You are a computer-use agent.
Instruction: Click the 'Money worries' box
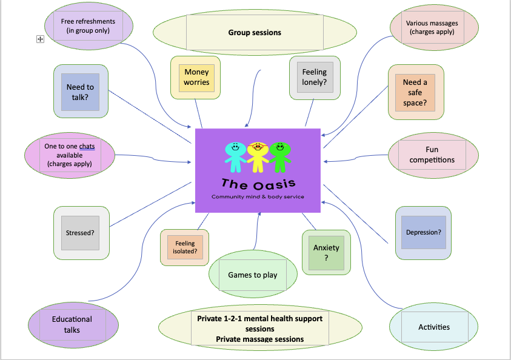(x=196, y=78)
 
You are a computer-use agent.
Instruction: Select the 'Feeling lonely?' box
(x=314, y=77)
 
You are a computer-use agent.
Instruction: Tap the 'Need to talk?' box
(x=81, y=92)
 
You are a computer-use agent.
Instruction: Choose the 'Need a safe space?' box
(x=415, y=92)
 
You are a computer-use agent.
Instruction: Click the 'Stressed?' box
(x=81, y=233)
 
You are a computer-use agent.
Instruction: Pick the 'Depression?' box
(x=423, y=232)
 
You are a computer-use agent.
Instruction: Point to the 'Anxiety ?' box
(x=326, y=252)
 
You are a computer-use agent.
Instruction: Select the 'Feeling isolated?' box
(x=185, y=247)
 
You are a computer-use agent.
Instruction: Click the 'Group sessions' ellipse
(x=255, y=33)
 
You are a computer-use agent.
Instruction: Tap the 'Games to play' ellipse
(x=253, y=275)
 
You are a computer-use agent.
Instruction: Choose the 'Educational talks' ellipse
(x=72, y=324)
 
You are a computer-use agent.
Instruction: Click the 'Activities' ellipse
(x=434, y=327)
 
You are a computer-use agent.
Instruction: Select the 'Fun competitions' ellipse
(x=432, y=155)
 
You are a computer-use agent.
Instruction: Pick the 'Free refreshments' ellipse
(x=89, y=25)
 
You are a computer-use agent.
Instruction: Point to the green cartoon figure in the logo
(x=279, y=155)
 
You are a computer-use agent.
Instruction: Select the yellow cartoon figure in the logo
(x=257, y=155)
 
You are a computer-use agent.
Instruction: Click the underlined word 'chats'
(x=87, y=146)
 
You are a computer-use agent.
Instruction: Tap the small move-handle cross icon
(x=41, y=39)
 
